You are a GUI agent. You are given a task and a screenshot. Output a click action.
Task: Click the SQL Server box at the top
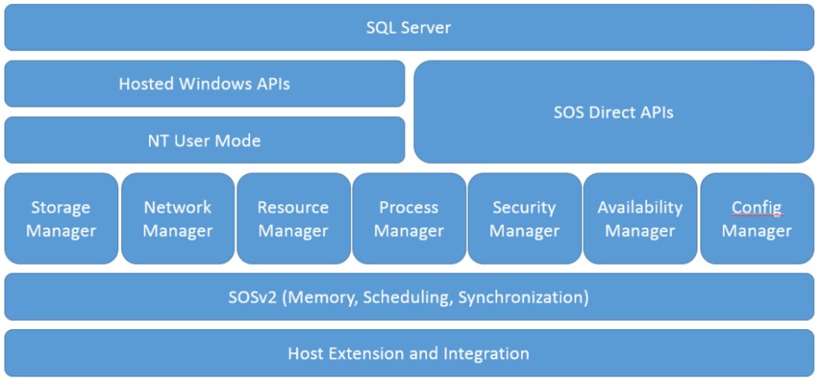[x=409, y=28]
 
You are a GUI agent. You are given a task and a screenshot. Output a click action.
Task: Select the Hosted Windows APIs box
[x=205, y=83]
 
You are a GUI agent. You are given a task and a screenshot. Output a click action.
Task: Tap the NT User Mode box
[x=205, y=140]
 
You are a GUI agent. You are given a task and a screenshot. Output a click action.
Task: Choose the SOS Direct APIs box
[x=613, y=112]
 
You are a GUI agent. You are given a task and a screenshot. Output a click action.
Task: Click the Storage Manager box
[x=61, y=219]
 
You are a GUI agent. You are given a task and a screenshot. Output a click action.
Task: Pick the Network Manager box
[x=177, y=219]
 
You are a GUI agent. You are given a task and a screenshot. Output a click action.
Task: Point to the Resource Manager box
[x=293, y=219]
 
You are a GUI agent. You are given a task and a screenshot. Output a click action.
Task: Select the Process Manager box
[x=409, y=219]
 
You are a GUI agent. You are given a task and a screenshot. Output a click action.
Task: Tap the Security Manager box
[x=524, y=219]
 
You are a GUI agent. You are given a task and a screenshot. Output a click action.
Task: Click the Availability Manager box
[x=640, y=219]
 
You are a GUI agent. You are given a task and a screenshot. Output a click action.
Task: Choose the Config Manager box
[x=756, y=219]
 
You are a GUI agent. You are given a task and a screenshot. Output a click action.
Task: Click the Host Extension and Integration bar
[x=409, y=353]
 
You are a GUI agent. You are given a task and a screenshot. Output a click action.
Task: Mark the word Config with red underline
[x=756, y=208]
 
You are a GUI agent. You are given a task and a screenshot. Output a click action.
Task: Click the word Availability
[x=640, y=208]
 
